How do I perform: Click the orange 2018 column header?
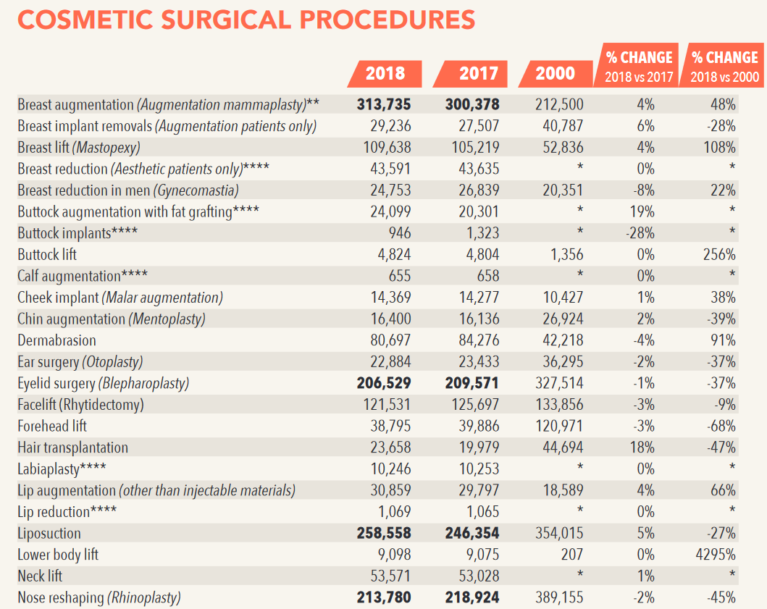point(385,73)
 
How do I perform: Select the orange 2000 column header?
point(556,73)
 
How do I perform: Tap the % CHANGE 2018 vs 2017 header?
point(639,65)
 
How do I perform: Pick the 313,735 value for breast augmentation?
point(384,105)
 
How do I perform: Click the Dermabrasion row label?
point(56,340)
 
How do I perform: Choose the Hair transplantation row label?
point(72,448)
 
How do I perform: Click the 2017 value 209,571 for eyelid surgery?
point(471,383)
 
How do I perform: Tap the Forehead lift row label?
point(52,427)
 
